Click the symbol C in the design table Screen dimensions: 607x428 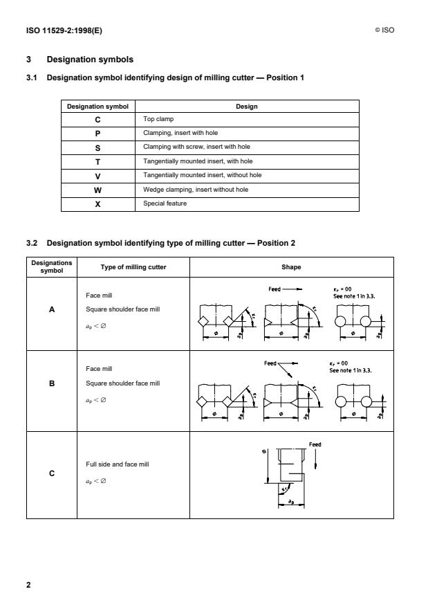(97, 119)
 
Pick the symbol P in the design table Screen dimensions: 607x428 (97, 133)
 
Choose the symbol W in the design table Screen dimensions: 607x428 (97, 189)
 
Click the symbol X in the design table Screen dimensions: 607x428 (97, 203)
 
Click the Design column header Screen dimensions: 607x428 (247, 106)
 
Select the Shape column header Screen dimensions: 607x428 (291, 267)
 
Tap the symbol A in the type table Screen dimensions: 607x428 (52, 310)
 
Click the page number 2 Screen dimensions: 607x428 (29, 586)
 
